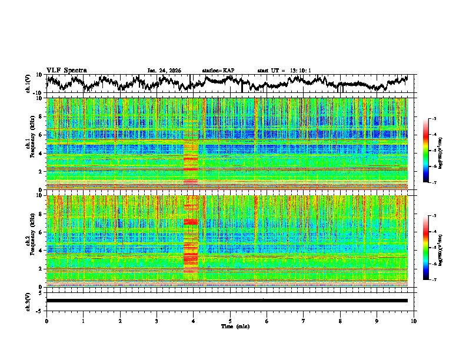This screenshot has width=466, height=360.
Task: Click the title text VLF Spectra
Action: tap(66, 71)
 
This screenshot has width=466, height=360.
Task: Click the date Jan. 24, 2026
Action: tap(164, 71)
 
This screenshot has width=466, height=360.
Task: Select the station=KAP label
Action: tap(218, 71)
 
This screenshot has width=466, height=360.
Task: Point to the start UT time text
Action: tap(284, 71)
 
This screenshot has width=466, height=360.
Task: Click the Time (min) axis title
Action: tap(230, 326)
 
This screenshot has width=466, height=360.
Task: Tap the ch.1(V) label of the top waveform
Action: tap(28, 84)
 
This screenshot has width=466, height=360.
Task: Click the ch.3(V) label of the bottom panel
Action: tap(28, 301)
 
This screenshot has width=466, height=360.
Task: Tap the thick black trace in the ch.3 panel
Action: tap(227, 301)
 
